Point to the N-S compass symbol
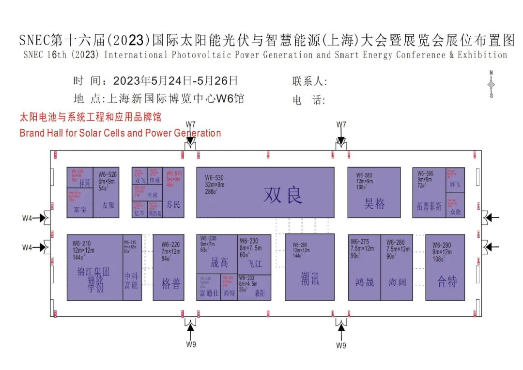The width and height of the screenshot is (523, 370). tap(491, 85)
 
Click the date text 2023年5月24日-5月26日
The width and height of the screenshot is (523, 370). tap(175, 81)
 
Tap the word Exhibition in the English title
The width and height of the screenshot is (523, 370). tap(482, 55)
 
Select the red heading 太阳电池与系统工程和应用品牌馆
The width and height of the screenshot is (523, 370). tap(90, 117)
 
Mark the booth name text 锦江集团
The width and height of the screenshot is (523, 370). tap(93, 272)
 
